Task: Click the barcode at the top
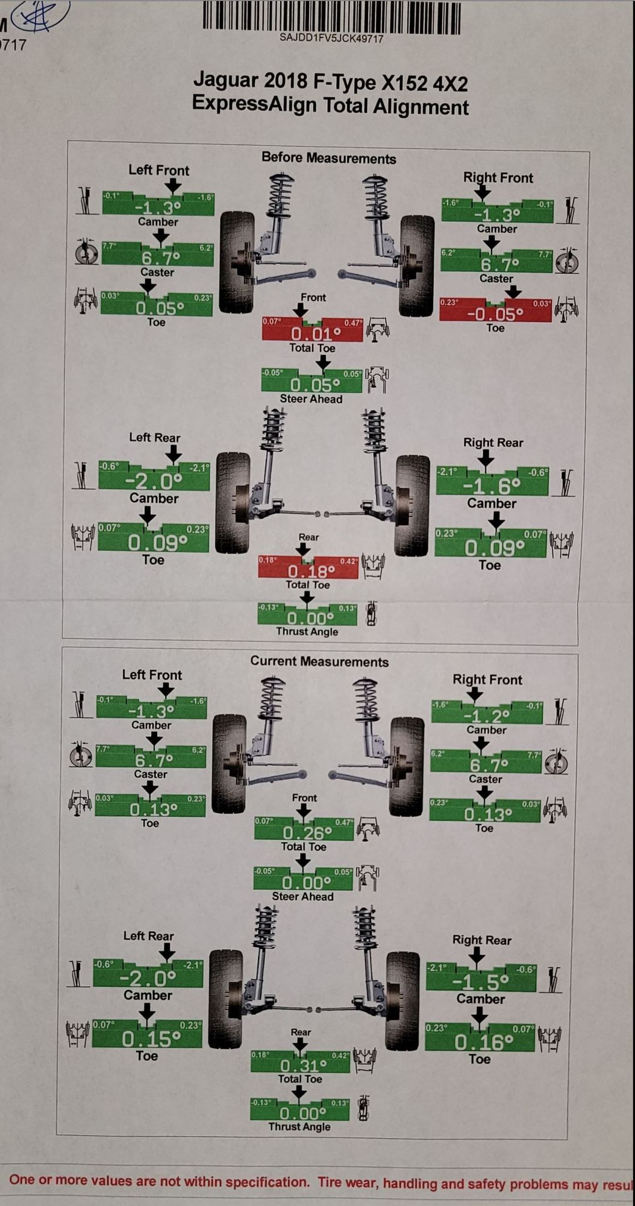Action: point(331,16)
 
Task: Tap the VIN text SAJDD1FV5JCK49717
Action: point(331,39)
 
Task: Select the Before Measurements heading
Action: point(328,159)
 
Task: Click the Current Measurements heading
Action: point(319,661)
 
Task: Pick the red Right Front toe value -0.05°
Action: point(495,314)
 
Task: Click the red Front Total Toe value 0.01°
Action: point(312,333)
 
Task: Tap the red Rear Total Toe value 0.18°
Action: point(308,570)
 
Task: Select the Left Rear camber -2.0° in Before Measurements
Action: point(154,481)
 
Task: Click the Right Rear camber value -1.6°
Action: point(492,485)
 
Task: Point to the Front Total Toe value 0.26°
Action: point(304,833)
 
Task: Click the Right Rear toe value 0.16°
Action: point(480,1041)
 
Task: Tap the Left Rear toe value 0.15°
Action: point(148,1038)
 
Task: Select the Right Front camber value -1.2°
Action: point(487,716)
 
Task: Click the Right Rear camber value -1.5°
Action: point(481,982)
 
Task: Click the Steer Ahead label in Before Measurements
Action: point(311,399)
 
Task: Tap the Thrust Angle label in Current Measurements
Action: point(299,1126)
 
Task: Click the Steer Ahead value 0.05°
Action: point(311,384)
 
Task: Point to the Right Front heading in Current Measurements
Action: point(487,680)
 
